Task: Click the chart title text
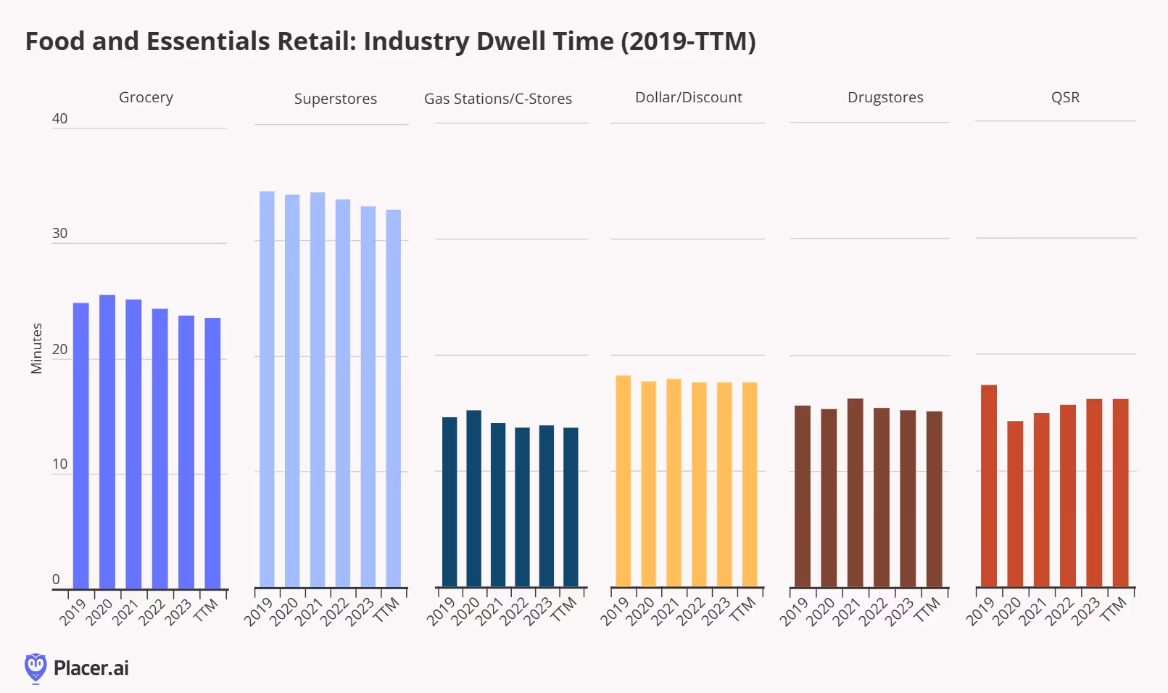pyautogui.click(x=390, y=41)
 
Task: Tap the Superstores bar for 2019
pyautogui.click(x=267, y=389)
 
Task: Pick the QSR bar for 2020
pyautogui.click(x=1015, y=504)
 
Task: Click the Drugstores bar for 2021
pyautogui.click(x=855, y=493)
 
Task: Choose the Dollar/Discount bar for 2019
pyautogui.click(x=623, y=481)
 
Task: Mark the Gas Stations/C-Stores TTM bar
pyautogui.click(x=571, y=507)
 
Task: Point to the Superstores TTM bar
pyautogui.click(x=393, y=398)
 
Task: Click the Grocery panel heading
pyautogui.click(x=146, y=97)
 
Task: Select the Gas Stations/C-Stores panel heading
pyautogui.click(x=498, y=99)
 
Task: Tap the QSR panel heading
pyautogui.click(x=1065, y=97)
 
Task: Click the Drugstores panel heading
pyautogui.click(x=885, y=97)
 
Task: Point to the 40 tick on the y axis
pyautogui.click(x=59, y=118)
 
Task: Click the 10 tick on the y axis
pyautogui.click(x=59, y=464)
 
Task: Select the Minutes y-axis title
pyautogui.click(x=36, y=348)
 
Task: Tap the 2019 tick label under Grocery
pyautogui.click(x=73, y=612)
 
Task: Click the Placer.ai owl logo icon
pyautogui.click(x=35, y=668)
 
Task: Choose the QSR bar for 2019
pyautogui.click(x=989, y=485)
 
